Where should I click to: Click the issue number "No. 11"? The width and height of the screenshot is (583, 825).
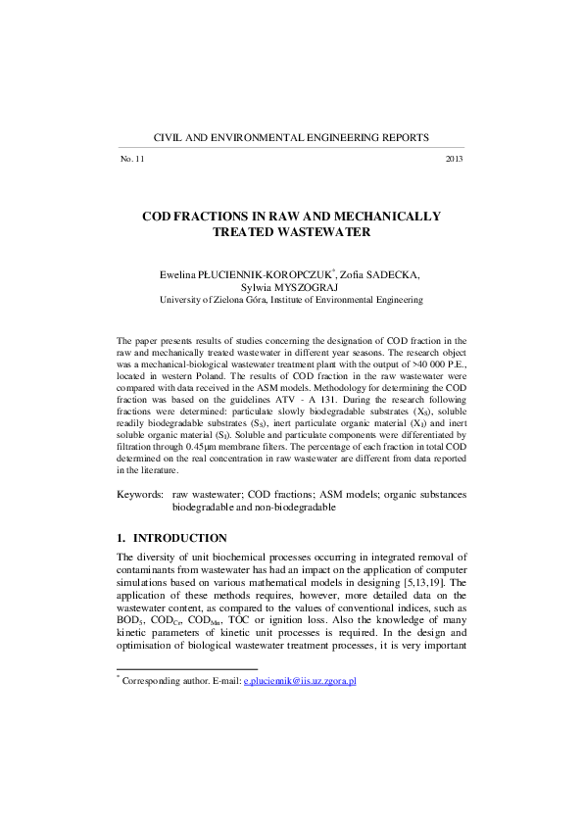coord(132,159)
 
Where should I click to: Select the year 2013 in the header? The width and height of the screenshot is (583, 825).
coord(454,159)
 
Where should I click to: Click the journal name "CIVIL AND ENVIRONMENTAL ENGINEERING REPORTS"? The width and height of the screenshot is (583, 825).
coord(292,139)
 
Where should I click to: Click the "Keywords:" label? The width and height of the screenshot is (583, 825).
coord(141,496)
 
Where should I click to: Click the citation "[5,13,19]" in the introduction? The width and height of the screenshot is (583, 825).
coord(416,583)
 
